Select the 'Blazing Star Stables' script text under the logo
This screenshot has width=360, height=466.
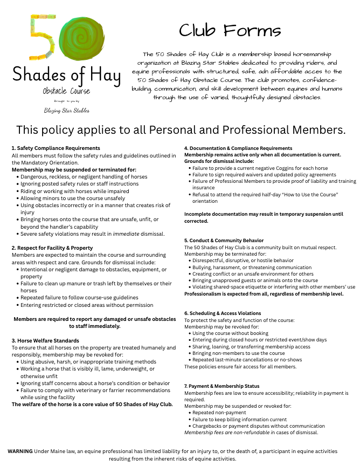[67, 110]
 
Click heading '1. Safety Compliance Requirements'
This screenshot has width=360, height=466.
[56, 148]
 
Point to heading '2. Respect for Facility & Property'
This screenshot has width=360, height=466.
[52, 248]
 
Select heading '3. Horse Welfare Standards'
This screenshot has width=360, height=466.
[45, 341]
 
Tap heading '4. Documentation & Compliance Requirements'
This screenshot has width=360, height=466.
[238, 148]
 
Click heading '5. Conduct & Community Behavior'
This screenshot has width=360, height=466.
[224, 241]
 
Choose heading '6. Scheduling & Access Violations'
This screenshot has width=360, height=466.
[223, 313]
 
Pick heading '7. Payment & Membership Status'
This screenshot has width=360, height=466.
[221, 386]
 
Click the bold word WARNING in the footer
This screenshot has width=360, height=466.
[20, 451]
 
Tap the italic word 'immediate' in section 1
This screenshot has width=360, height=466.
[128, 234]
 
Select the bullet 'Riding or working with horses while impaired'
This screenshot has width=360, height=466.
[75, 191]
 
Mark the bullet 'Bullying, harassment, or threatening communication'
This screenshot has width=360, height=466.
[252, 268]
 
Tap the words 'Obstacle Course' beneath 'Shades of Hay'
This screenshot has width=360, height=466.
[67, 91]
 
